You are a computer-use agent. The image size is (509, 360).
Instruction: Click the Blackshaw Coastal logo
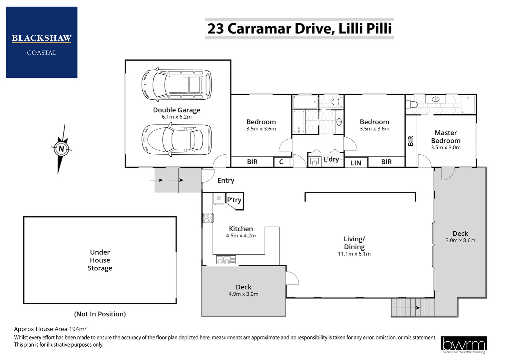point(42,42)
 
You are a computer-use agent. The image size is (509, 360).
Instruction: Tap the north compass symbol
point(61,149)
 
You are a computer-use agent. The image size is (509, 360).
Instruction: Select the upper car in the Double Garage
point(177,85)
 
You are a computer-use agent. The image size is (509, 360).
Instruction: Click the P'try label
point(234,200)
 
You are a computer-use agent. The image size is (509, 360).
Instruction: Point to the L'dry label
point(331,159)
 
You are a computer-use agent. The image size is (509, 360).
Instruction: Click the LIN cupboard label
point(356,163)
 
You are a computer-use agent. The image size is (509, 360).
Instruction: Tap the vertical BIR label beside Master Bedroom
point(411,141)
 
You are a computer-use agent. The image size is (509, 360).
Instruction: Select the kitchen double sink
point(226,259)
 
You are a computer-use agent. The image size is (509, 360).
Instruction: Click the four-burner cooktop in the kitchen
point(208,218)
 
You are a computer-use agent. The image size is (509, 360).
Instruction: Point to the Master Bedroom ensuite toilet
point(412,104)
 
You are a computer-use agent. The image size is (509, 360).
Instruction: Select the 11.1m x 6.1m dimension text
point(354,254)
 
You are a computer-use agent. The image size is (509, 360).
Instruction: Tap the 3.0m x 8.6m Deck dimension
point(460,240)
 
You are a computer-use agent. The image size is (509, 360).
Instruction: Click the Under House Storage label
point(100,260)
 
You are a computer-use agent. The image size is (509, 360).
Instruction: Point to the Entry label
point(226,180)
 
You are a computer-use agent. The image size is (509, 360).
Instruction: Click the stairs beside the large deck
point(413,307)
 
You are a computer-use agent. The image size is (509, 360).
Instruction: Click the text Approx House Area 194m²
point(50,329)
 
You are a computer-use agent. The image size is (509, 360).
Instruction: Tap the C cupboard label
point(281,162)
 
